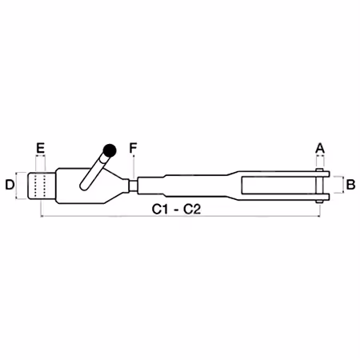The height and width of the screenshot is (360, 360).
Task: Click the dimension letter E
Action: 40,148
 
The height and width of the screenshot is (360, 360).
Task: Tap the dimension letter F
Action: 133,148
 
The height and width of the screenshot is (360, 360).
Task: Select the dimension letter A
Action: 320,148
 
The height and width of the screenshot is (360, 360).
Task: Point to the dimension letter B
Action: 350,185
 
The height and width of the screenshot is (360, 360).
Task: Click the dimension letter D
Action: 10,185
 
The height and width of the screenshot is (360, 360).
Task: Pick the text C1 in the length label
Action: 160,210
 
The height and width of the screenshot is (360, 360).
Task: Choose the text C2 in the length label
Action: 192,210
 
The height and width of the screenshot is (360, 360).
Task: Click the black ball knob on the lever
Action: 110,150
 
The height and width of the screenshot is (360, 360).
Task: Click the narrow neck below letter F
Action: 133,185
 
